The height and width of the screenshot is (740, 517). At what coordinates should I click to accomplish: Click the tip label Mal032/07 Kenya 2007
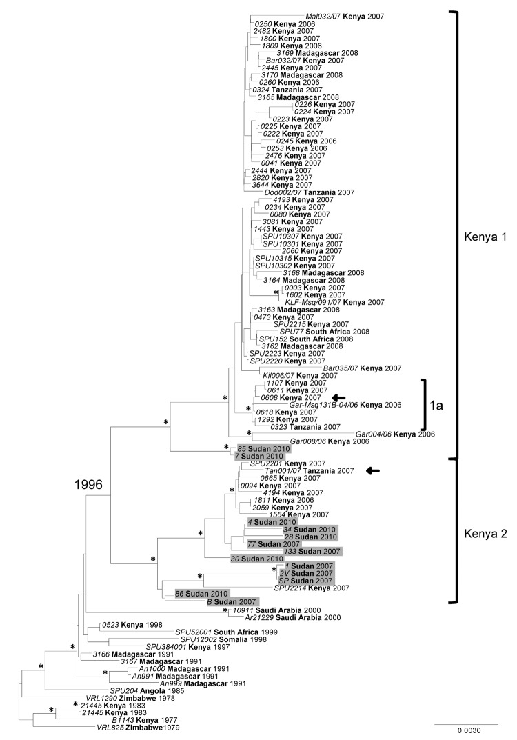[345, 15]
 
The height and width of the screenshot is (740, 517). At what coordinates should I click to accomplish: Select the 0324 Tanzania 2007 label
[288, 90]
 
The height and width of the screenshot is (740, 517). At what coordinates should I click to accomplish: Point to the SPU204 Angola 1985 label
[150, 690]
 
